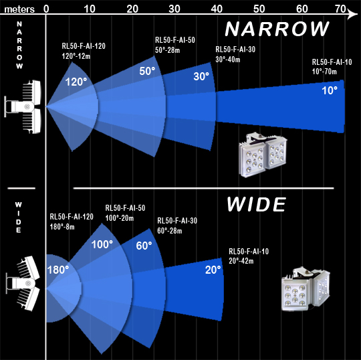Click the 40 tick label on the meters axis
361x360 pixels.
pos(217,9)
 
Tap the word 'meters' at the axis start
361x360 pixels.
pos(19,9)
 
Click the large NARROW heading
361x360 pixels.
pos(277,29)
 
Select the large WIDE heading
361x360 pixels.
pos(257,204)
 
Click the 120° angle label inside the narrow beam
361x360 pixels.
pos(76,82)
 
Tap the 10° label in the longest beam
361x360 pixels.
pos(330,90)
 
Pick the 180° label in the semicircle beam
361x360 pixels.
pos(58,270)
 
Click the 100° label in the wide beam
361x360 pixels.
pos(102,244)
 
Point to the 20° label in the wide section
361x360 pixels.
pos(213,270)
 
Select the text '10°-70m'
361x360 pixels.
pos(324,72)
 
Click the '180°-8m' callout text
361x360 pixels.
pos(62,227)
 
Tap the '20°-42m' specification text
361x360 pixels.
pos(241,261)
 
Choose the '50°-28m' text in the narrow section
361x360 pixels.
pos(167,50)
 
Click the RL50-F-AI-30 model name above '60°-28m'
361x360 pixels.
pos(177,221)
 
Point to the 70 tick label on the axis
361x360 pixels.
pos(340,9)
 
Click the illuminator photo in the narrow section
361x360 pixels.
pos(263,155)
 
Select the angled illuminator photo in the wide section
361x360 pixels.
pos(306,289)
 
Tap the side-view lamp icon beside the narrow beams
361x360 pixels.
pos(23,106)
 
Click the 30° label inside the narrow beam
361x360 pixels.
pos(201,76)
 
